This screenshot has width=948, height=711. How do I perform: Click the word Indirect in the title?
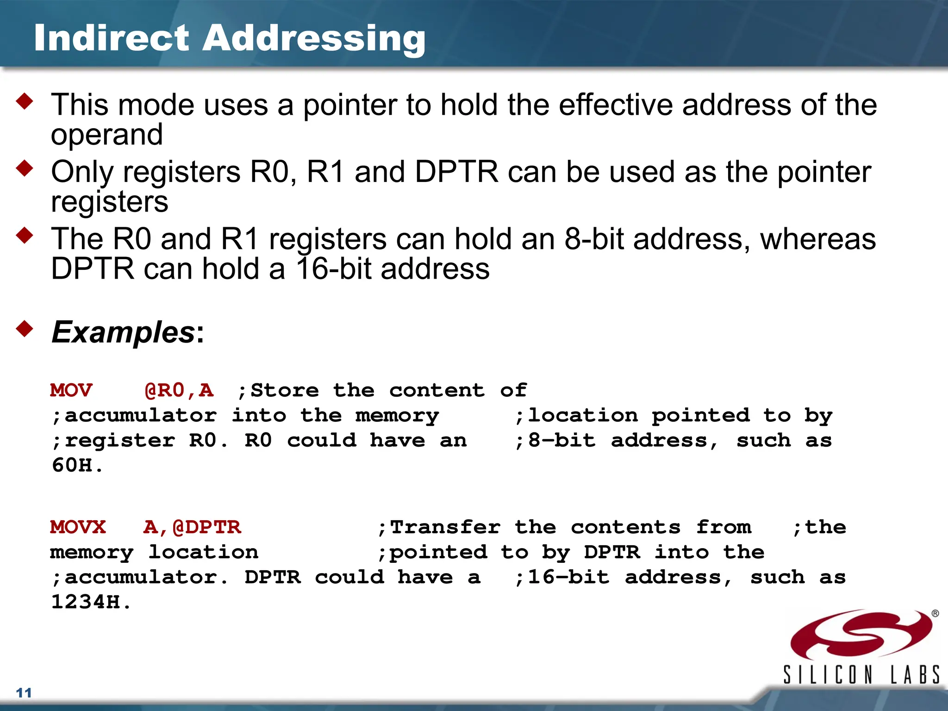pos(112,38)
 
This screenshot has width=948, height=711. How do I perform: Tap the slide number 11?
pos(24,693)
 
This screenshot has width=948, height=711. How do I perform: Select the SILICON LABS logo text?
pos(861,675)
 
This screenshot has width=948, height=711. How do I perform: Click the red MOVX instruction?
pos(78,527)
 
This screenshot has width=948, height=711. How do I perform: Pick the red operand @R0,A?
pos(179,390)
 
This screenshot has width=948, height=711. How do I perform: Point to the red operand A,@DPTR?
pos(192,527)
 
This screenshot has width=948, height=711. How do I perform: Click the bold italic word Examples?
pos(123,332)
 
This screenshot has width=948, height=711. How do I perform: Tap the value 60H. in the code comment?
pos(77,465)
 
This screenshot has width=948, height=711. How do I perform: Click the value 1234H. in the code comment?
pos(91,602)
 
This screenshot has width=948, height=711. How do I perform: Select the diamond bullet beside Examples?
pos(25,329)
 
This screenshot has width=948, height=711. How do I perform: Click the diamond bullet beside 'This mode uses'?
pos(25,101)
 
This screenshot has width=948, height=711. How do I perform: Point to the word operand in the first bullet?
pos(107,135)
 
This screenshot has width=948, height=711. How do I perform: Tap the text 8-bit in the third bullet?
pos(594,239)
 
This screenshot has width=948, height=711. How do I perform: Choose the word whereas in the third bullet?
pos(818,239)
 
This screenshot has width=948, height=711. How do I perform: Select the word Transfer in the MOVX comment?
pos(444,527)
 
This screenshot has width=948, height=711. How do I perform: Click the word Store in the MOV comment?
pos(284,390)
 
